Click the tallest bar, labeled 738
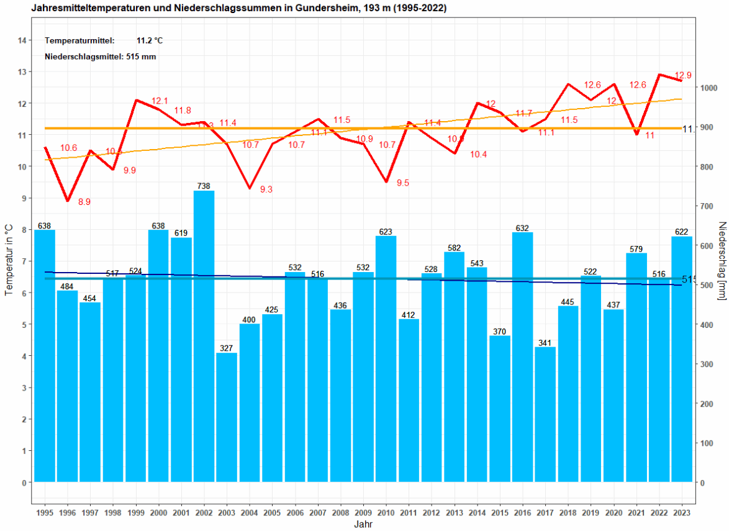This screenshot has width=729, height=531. click(x=204, y=335)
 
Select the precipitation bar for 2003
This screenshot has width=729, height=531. click(x=227, y=416)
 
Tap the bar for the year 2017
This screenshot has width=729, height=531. click(x=545, y=414)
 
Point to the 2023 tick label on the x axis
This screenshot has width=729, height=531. click(x=682, y=513)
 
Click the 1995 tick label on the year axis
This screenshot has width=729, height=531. click(x=45, y=513)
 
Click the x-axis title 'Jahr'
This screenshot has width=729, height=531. click(x=363, y=524)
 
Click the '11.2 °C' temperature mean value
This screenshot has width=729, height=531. click(x=150, y=41)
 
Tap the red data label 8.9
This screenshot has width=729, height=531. click(x=84, y=202)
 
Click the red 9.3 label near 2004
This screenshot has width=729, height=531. click(x=266, y=189)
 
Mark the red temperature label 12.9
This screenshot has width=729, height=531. click(x=683, y=75)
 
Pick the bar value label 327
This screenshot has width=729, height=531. click(x=226, y=348)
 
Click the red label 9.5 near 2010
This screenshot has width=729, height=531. click(x=402, y=183)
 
